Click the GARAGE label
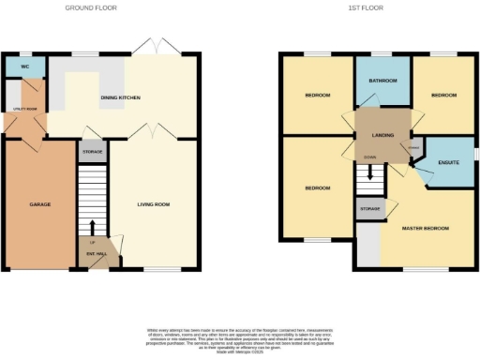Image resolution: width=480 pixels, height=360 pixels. pos(39,203)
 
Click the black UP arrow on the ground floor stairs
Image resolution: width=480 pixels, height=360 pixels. pos(91,226)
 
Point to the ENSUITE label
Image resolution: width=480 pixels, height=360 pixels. pos(448,163)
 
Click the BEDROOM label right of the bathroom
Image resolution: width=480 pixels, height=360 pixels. pos(443,96)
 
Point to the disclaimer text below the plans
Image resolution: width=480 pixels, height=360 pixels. pos(239,338)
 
